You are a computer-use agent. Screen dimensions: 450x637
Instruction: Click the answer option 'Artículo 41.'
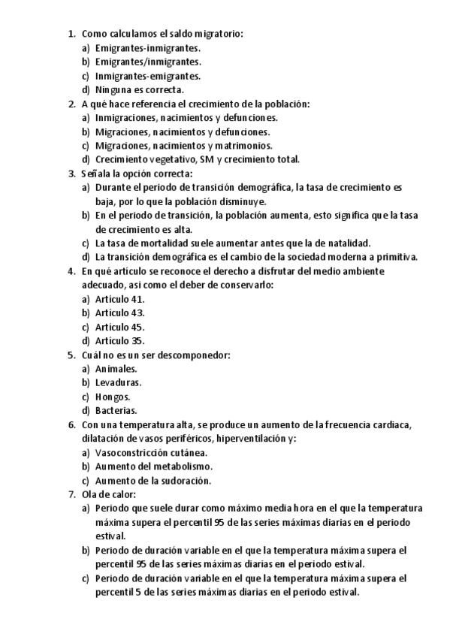119,298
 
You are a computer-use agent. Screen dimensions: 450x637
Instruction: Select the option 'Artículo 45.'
119,327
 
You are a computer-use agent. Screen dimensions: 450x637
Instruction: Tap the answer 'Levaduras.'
118,382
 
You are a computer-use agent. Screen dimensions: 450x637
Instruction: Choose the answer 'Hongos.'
113,397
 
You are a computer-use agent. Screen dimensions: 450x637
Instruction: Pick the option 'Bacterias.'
116,411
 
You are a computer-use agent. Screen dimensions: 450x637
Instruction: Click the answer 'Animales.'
116,368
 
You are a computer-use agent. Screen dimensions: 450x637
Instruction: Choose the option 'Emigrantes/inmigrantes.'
148,62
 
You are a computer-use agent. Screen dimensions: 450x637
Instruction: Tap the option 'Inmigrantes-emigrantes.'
148,76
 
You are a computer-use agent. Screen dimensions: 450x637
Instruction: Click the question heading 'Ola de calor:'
108,494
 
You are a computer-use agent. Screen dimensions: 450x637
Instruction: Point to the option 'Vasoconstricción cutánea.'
151,452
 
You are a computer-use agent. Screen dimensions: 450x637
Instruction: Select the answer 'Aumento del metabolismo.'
148,466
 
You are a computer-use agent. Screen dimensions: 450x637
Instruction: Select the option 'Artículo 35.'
119,340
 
